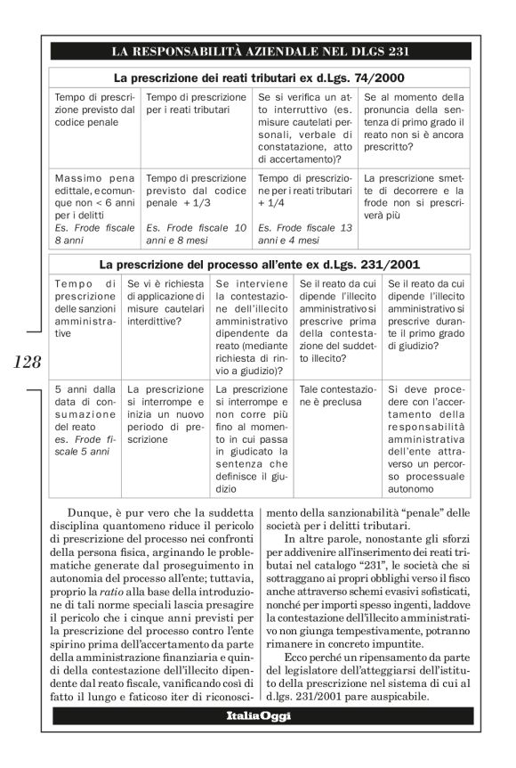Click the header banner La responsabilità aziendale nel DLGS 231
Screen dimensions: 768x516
[x=258, y=51]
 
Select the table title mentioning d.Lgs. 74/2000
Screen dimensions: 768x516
[x=258, y=78]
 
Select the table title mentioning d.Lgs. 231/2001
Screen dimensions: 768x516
[x=258, y=265]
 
